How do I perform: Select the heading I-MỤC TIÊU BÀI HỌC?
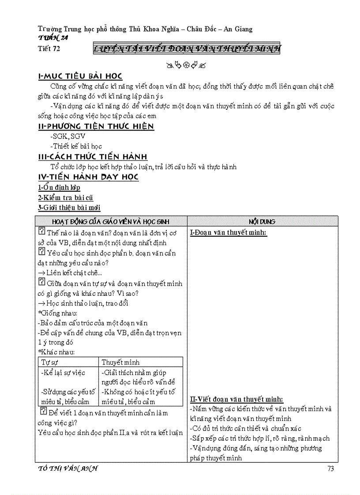(x=80, y=77)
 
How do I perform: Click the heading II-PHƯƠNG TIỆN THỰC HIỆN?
(x=96, y=127)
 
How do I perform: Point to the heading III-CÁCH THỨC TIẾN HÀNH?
(x=93, y=157)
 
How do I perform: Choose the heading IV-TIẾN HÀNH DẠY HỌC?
(x=88, y=177)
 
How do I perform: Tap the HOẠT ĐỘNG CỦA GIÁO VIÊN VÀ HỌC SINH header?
(x=111, y=221)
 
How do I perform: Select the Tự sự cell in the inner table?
(x=50, y=362)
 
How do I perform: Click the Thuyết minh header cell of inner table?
(x=120, y=362)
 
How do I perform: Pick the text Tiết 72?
(x=49, y=49)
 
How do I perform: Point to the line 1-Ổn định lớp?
(x=59, y=188)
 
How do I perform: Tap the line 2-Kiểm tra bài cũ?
(x=65, y=198)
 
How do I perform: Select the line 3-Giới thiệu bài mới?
(x=69, y=208)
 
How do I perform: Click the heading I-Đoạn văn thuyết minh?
(x=228, y=233)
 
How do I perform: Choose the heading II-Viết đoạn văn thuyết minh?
(x=236, y=399)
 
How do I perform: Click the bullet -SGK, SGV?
(x=68, y=137)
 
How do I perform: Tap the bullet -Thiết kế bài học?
(x=76, y=146)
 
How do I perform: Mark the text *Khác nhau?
(x=56, y=352)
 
